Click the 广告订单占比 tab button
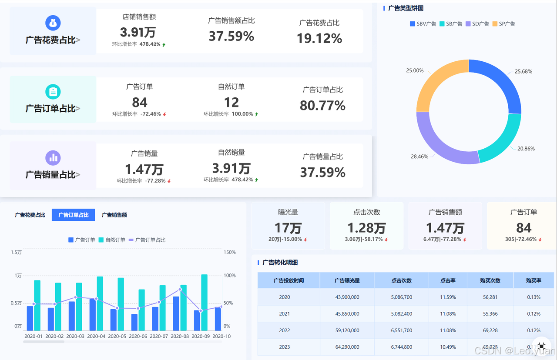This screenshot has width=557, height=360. coord(74,215)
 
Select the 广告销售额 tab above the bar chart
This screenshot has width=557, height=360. coord(114,215)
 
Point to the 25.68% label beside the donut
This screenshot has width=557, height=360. coord(523,72)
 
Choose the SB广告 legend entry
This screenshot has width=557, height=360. coord(451,24)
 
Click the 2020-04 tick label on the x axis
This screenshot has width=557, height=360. coord(96,336)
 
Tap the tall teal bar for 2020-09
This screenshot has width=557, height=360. coord(205,302)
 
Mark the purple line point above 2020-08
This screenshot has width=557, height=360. coord(180,290)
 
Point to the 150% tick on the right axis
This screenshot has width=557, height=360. coord(229,252)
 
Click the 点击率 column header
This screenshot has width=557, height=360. coord(448,280)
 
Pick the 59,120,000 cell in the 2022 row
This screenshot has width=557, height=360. coord(347,330)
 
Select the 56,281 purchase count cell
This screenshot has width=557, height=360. coord(490,297)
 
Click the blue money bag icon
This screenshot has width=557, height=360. coord(53,23)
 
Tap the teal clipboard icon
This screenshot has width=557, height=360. coord(53,92)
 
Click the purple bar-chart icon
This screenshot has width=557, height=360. coord(53,158)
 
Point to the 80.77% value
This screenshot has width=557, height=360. coord(322,105)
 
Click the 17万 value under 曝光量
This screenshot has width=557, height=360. coord(288,228)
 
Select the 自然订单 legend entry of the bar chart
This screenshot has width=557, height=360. coord(112,240)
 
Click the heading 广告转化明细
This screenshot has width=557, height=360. coord(280,263)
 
